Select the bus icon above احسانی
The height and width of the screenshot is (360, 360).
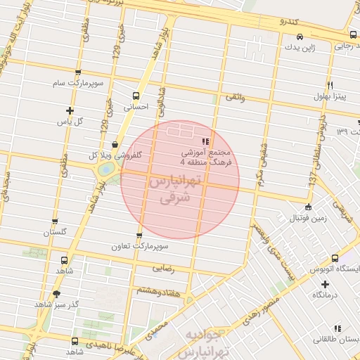point(136,96)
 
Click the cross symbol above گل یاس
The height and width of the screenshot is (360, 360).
point(70,110)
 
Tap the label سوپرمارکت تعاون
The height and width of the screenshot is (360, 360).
point(139,247)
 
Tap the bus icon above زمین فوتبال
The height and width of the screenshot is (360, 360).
point(308,207)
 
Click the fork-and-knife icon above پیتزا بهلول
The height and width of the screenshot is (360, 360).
point(339,84)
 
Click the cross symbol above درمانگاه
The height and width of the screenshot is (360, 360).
point(324,284)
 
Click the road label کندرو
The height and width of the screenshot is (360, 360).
point(290,21)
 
